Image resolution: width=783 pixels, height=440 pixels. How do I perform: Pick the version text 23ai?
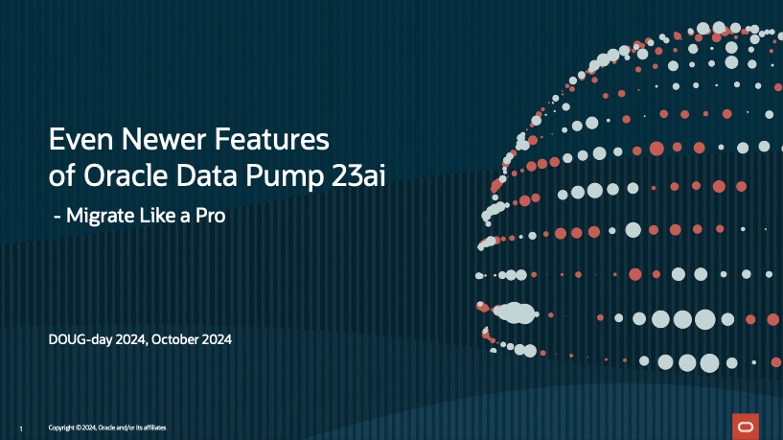358,175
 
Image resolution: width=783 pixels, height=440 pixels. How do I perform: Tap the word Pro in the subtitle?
210,216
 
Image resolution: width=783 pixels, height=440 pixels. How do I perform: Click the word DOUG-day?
81,340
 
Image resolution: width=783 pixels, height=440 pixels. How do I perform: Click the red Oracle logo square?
746,427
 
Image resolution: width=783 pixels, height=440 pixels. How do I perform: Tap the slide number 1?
21,429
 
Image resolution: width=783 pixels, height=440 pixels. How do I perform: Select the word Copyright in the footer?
61,428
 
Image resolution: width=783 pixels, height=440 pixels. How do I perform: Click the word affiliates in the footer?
155,428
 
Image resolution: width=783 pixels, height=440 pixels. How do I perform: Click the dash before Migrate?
57,218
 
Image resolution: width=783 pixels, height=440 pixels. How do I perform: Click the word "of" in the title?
62,175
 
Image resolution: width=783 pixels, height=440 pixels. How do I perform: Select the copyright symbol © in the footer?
79,428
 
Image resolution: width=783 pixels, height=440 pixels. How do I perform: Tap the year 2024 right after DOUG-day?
131,340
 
